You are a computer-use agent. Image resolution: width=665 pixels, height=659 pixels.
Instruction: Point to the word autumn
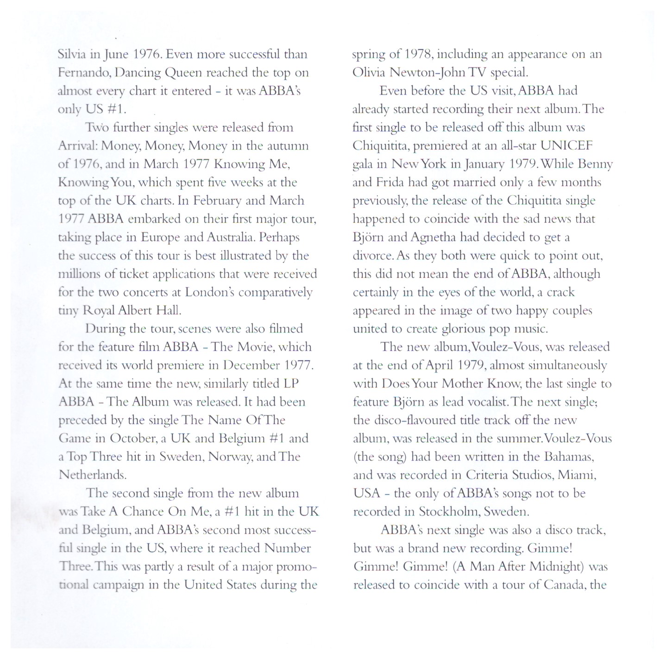pos(289,146)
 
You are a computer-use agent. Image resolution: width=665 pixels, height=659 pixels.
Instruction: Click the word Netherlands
pos(92,475)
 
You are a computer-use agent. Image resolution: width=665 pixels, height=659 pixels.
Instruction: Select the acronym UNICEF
pos(566,146)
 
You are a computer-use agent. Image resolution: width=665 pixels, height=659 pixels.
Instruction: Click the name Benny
pos(596,164)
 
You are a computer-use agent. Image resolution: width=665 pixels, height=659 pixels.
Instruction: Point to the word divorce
pos(372,256)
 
